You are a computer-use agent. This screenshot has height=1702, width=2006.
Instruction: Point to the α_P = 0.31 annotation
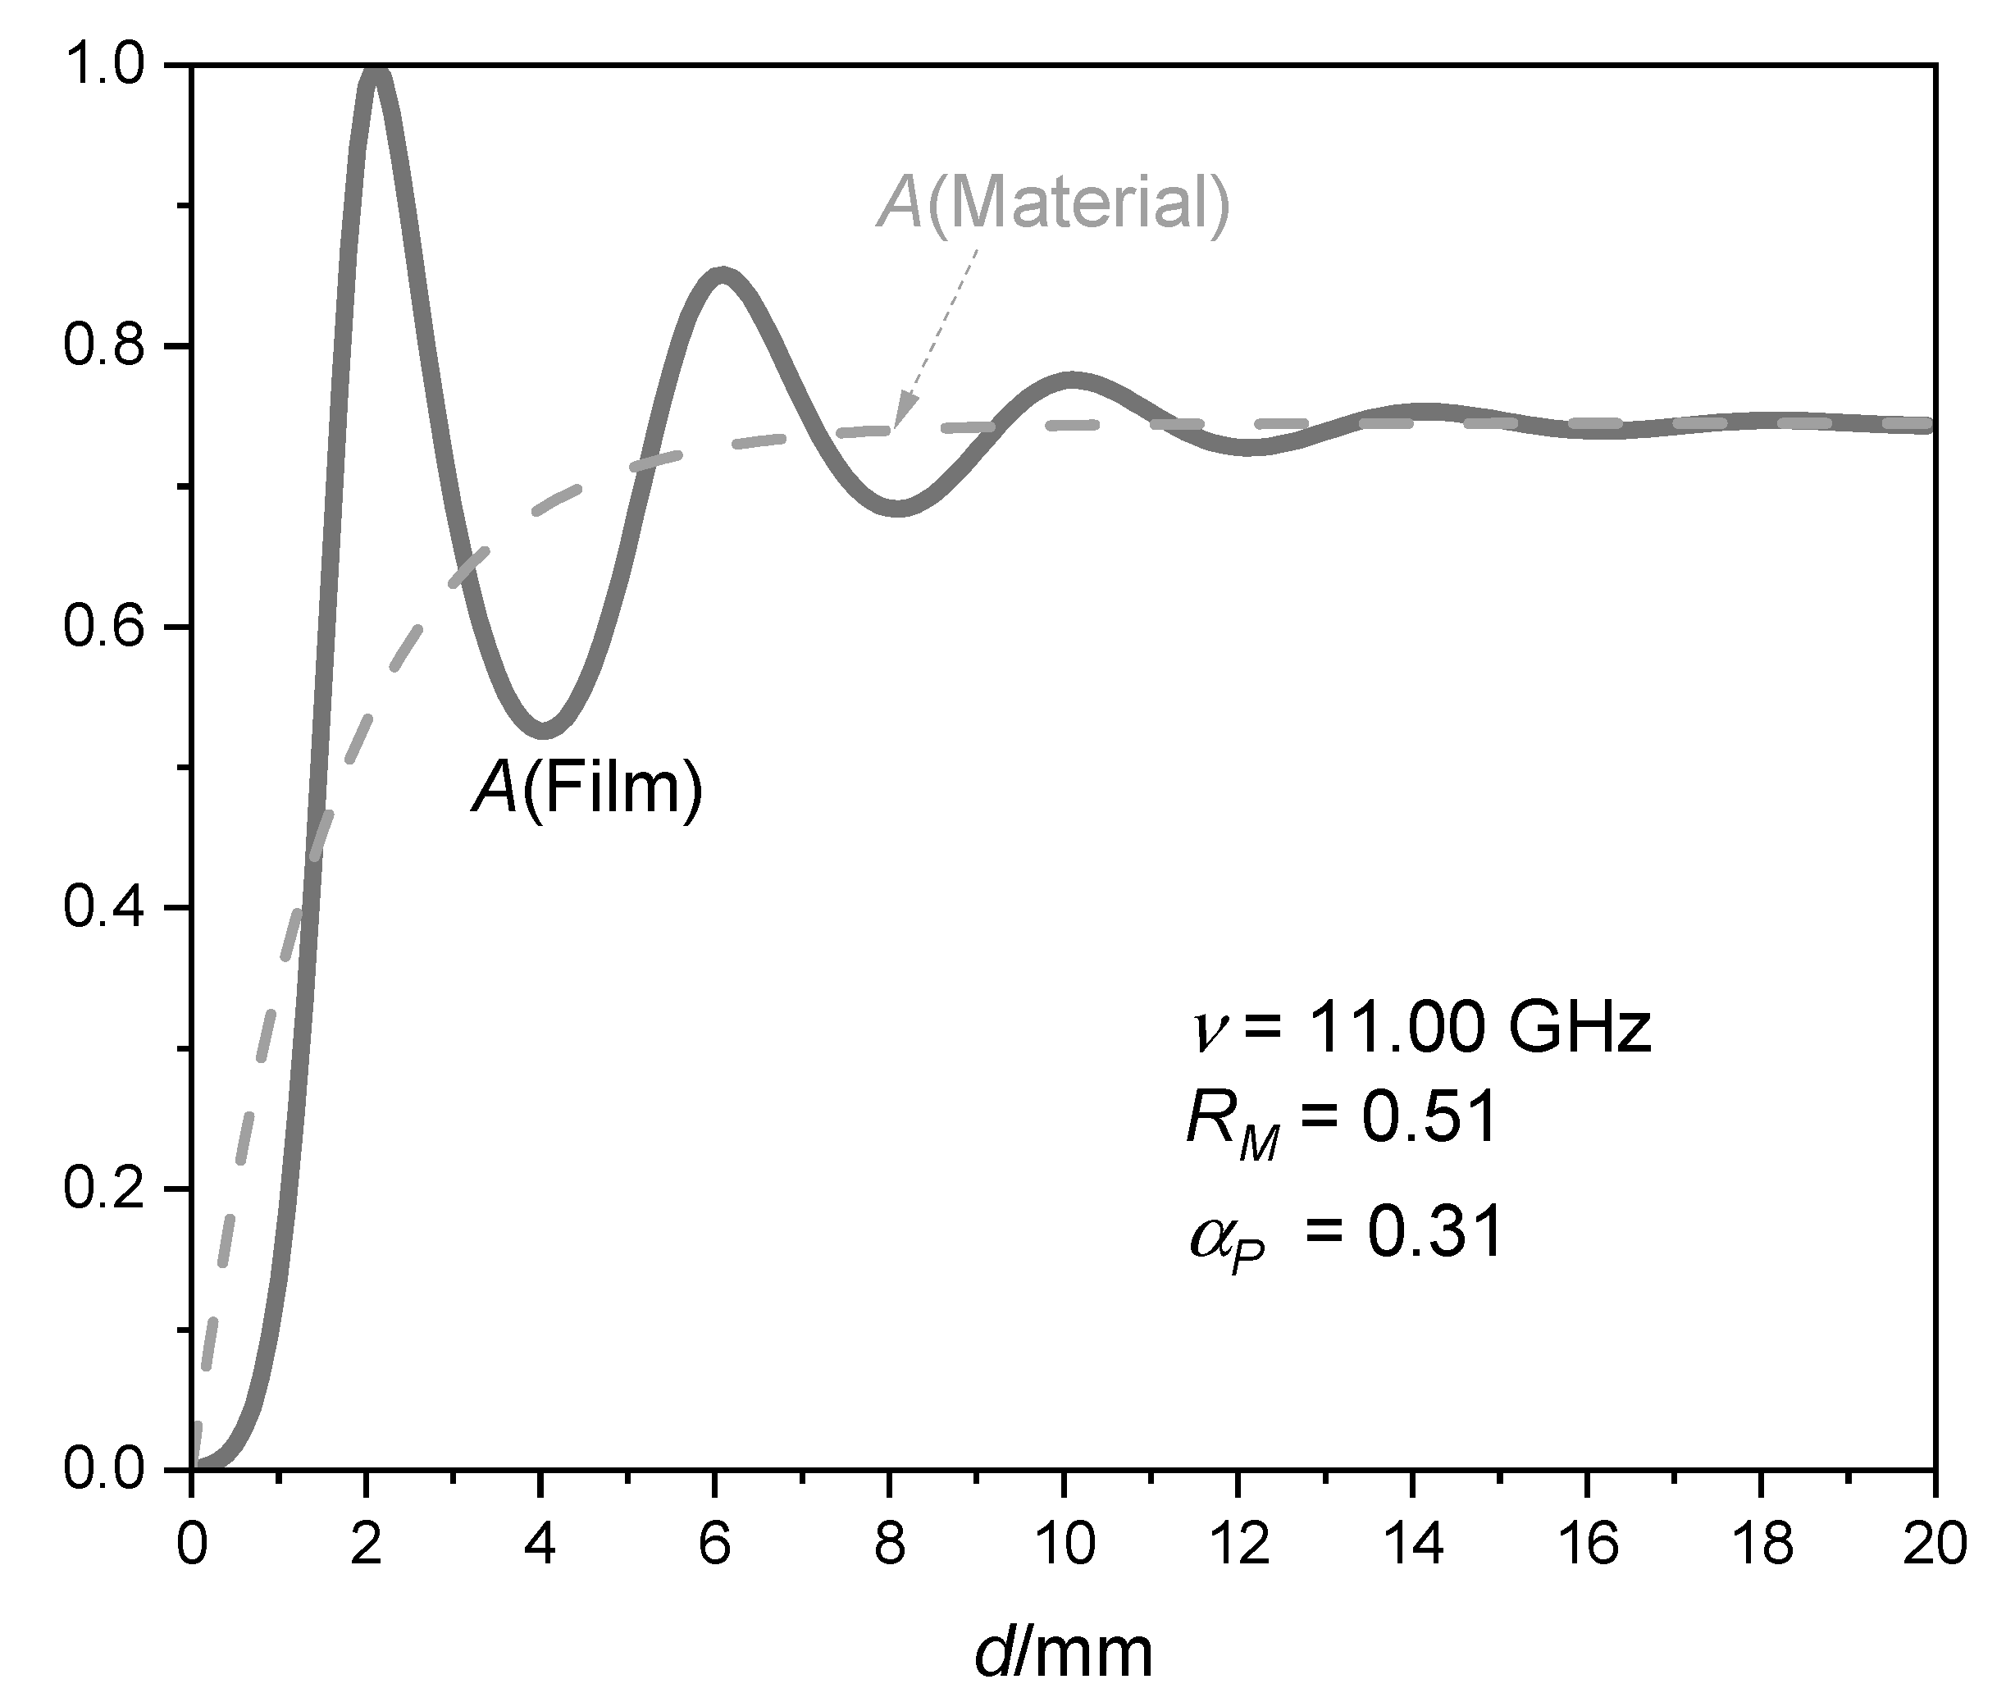(1346, 1232)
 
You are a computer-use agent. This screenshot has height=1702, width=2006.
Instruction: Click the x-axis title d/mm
(1062, 1654)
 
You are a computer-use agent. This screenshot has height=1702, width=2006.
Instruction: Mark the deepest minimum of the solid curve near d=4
(545, 729)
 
